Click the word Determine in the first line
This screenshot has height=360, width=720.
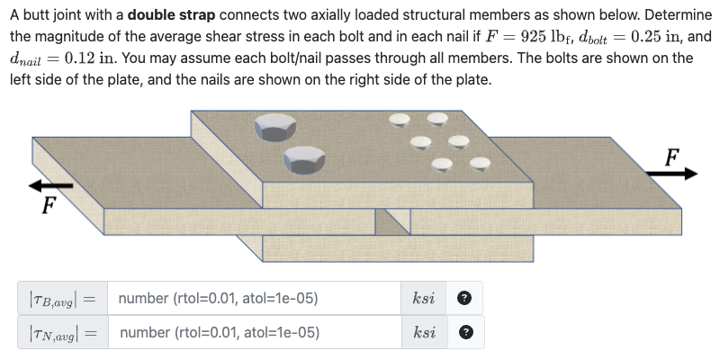[671, 17]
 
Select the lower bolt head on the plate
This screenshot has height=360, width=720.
[303, 160]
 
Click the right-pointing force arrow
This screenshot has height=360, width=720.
[675, 173]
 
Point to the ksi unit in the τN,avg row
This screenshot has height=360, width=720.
[424, 332]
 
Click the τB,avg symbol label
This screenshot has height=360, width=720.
[58, 298]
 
